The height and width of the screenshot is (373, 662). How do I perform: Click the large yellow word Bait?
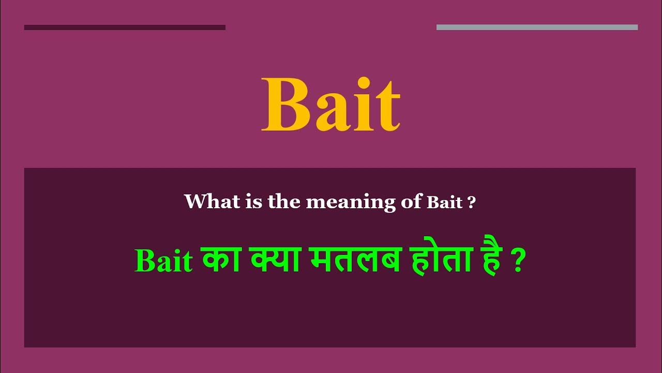(x=331, y=105)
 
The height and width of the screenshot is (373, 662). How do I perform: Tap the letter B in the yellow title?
(x=285, y=105)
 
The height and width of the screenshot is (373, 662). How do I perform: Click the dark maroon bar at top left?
(x=125, y=27)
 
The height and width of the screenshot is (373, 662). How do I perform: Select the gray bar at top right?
(x=537, y=27)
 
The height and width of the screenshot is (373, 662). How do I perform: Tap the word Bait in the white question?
(x=444, y=203)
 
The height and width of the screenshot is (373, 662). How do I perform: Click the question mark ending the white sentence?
(x=471, y=202)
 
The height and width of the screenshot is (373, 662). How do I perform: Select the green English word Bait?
(x=163, y=261)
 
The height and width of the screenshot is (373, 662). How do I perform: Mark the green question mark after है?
(x=519, y=261)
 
